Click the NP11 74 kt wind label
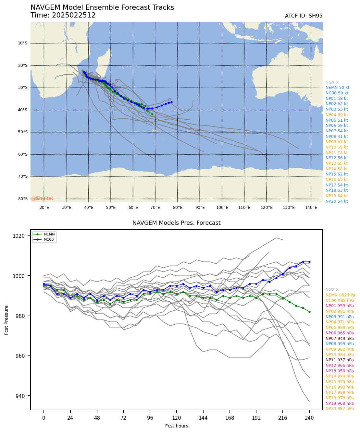point(337,153)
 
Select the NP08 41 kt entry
point(337,137)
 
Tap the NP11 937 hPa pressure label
point(340,360)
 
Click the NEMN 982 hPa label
point(340,295)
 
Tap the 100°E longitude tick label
point(222,208)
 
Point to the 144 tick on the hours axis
point(203,418)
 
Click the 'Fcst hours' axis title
point(177,426)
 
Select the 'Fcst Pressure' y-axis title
point(6,320)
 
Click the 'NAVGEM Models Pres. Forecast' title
point(176,223)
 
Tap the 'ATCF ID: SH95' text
point(304,16)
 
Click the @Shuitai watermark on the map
point(42,198)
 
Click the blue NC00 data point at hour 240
point(309,262)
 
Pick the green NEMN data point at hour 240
point(309,312)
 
